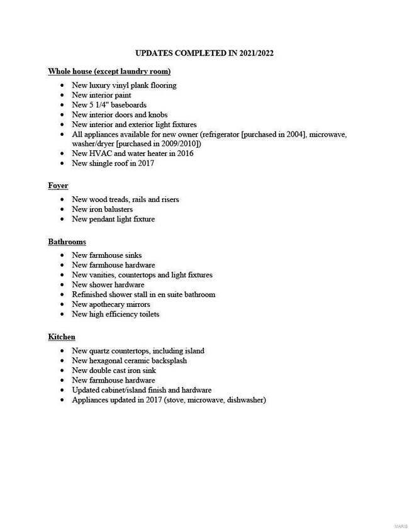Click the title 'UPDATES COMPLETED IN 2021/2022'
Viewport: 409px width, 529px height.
[x=204, y=53]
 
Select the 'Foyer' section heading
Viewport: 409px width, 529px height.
[x=58, y=186]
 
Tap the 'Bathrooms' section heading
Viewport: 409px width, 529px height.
[x=67, y=242]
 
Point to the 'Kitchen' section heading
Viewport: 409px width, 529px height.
[x=62, y=337]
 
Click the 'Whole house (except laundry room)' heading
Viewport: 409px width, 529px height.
[x=109, y=72]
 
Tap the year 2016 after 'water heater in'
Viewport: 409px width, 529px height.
[x=184, y=153]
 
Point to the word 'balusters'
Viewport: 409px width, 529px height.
[x=117, y=209]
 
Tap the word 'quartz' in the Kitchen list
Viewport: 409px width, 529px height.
[x=103, y=351]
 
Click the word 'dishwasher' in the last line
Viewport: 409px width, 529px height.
[x=245, y=400]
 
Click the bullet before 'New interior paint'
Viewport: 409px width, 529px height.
[x=62, y=96]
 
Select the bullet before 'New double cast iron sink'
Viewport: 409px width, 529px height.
[x=62, y=370]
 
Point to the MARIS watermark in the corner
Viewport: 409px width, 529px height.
[x=400, y=525]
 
